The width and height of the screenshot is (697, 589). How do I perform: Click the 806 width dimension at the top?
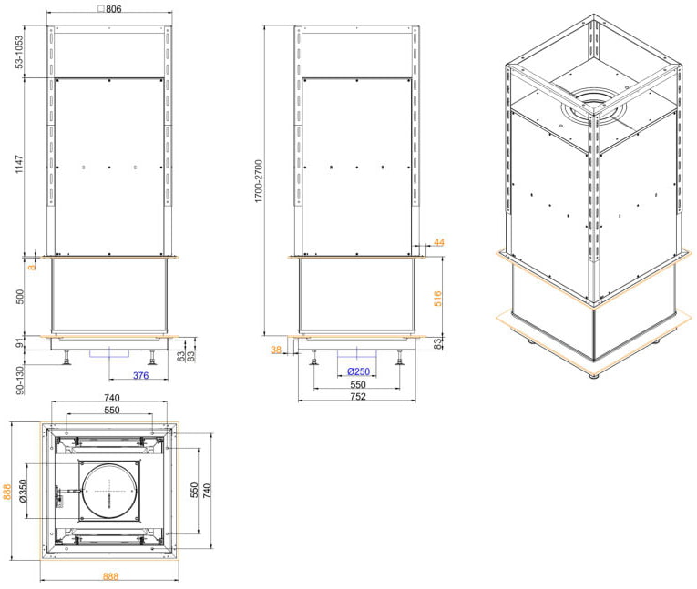coord(113,8)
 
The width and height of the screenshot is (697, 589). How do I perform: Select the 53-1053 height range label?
coord(19,52)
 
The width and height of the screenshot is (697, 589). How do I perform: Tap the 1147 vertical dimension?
coord(19,164)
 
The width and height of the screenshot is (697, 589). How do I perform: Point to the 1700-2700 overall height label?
coord(259,181)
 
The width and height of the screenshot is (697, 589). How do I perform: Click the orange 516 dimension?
coord(438,299)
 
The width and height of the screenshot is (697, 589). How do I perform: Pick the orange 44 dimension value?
coord(439,242)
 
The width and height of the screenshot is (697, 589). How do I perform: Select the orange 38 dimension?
coord(276,350)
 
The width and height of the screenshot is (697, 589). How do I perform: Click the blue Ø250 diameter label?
coord(359,371)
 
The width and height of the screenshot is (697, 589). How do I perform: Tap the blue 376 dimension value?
coord(141,375)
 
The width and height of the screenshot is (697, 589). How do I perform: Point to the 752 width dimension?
coord(358,396)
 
